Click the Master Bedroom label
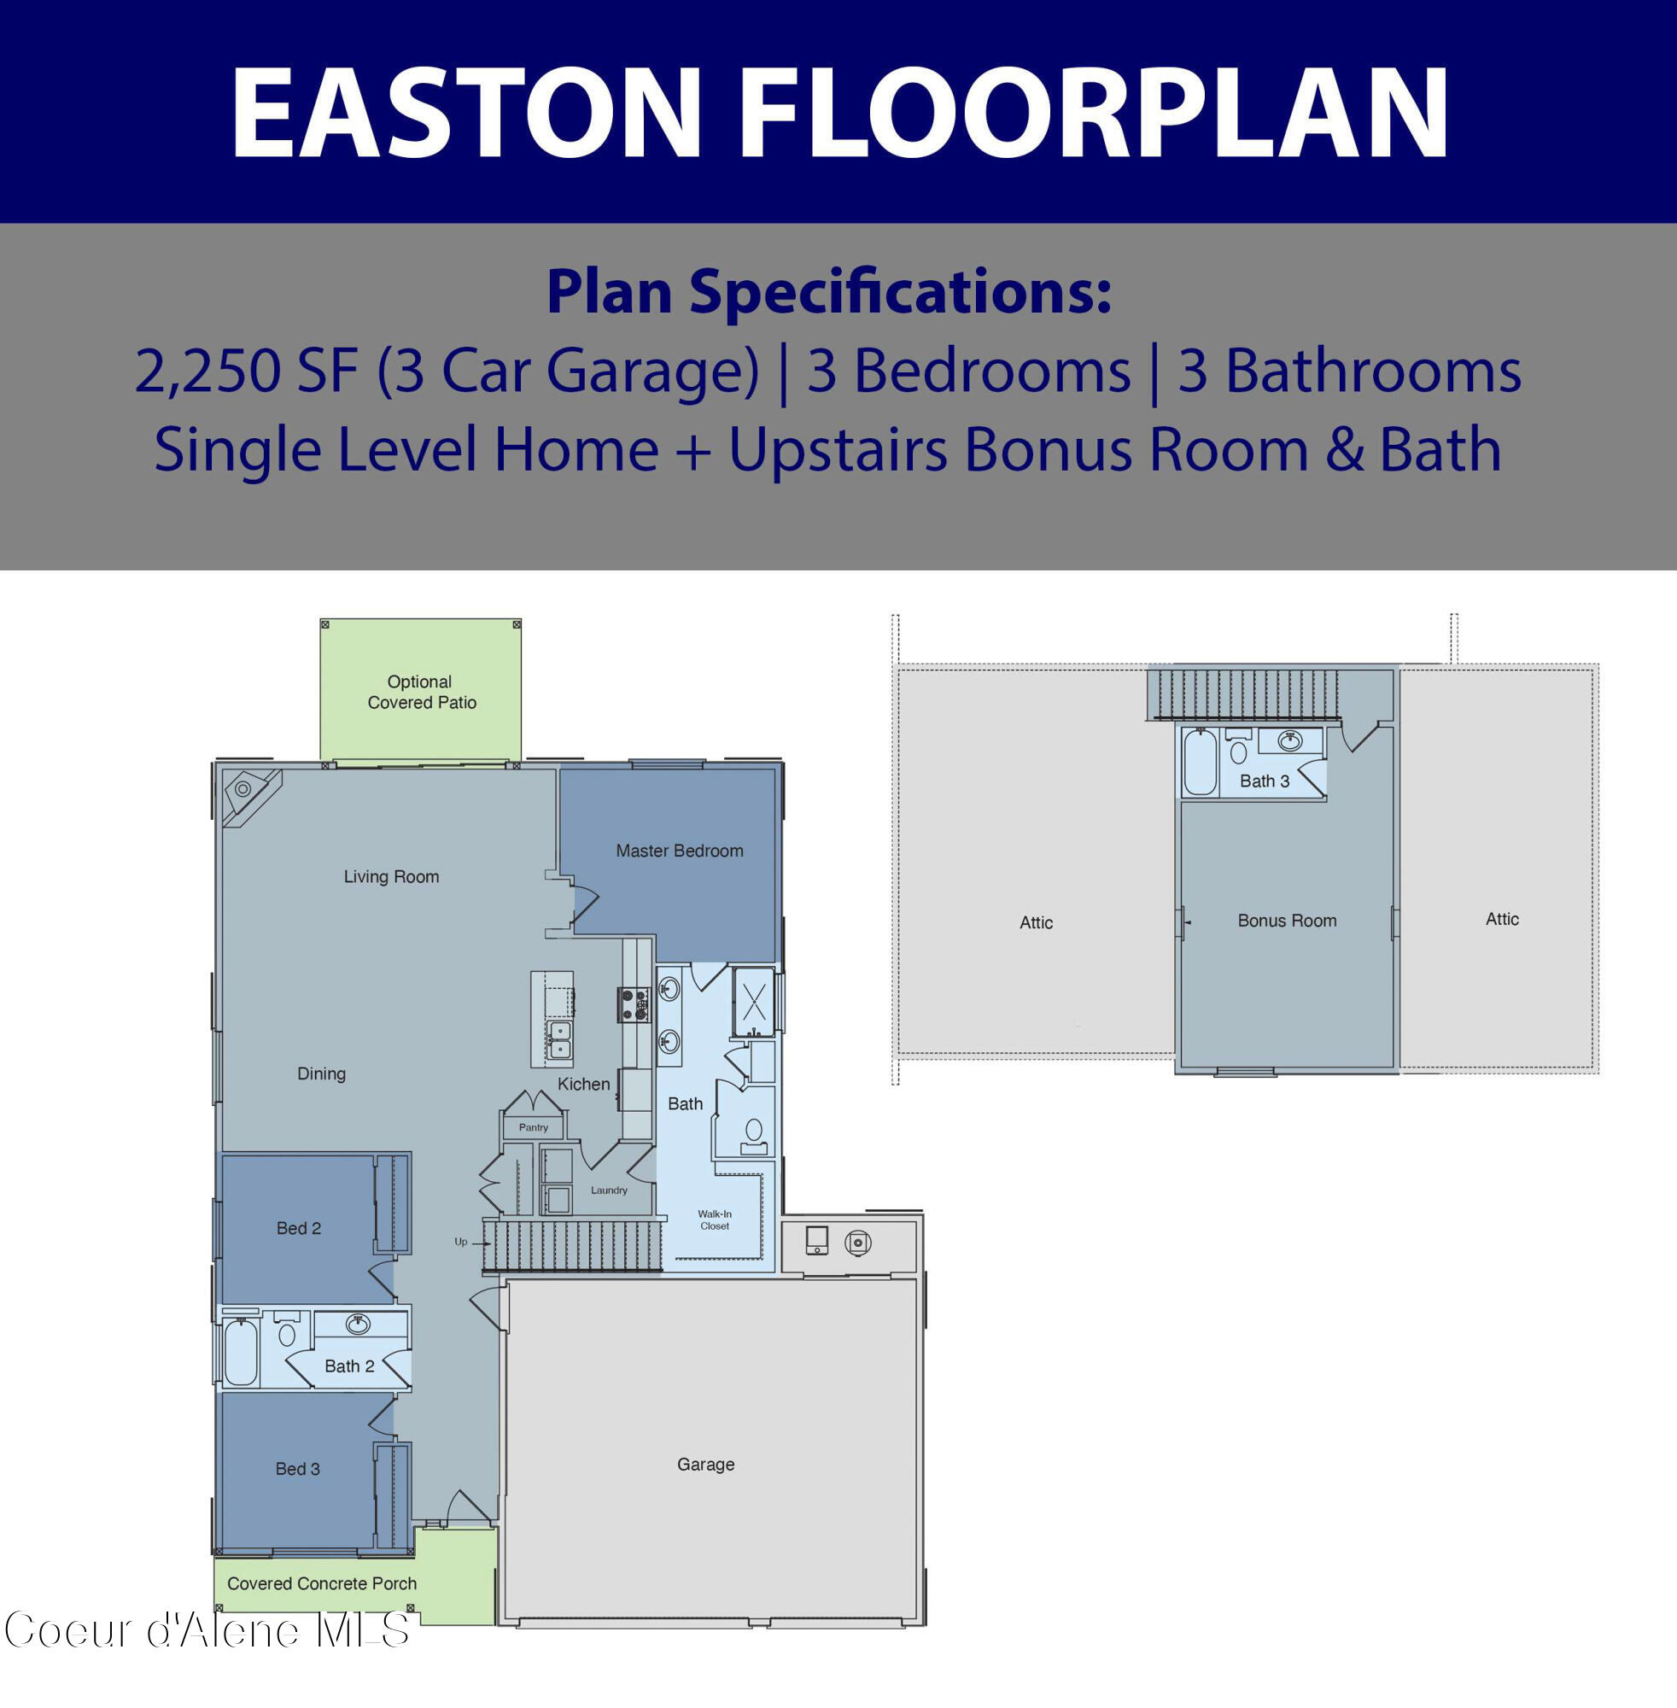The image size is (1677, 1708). pos(679,851)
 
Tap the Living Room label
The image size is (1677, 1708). pos(391,876)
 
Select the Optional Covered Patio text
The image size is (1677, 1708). pos(421,692)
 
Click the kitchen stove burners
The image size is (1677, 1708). pos(634,1004)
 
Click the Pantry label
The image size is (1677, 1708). pos(533,1127)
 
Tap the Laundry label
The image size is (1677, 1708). pos(609,1190)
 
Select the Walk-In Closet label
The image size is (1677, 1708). pos(715,1220)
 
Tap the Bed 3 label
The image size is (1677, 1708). pos(298,1468)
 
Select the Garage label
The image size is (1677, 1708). pos(705,1464)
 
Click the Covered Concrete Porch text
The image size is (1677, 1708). pos(322,1583)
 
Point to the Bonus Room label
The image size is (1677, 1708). pos(1287,921)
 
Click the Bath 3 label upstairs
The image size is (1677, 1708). pos(1264,781)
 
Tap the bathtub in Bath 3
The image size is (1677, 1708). pos(1200,762)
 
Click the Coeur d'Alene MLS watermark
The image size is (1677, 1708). pos(207,1630)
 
